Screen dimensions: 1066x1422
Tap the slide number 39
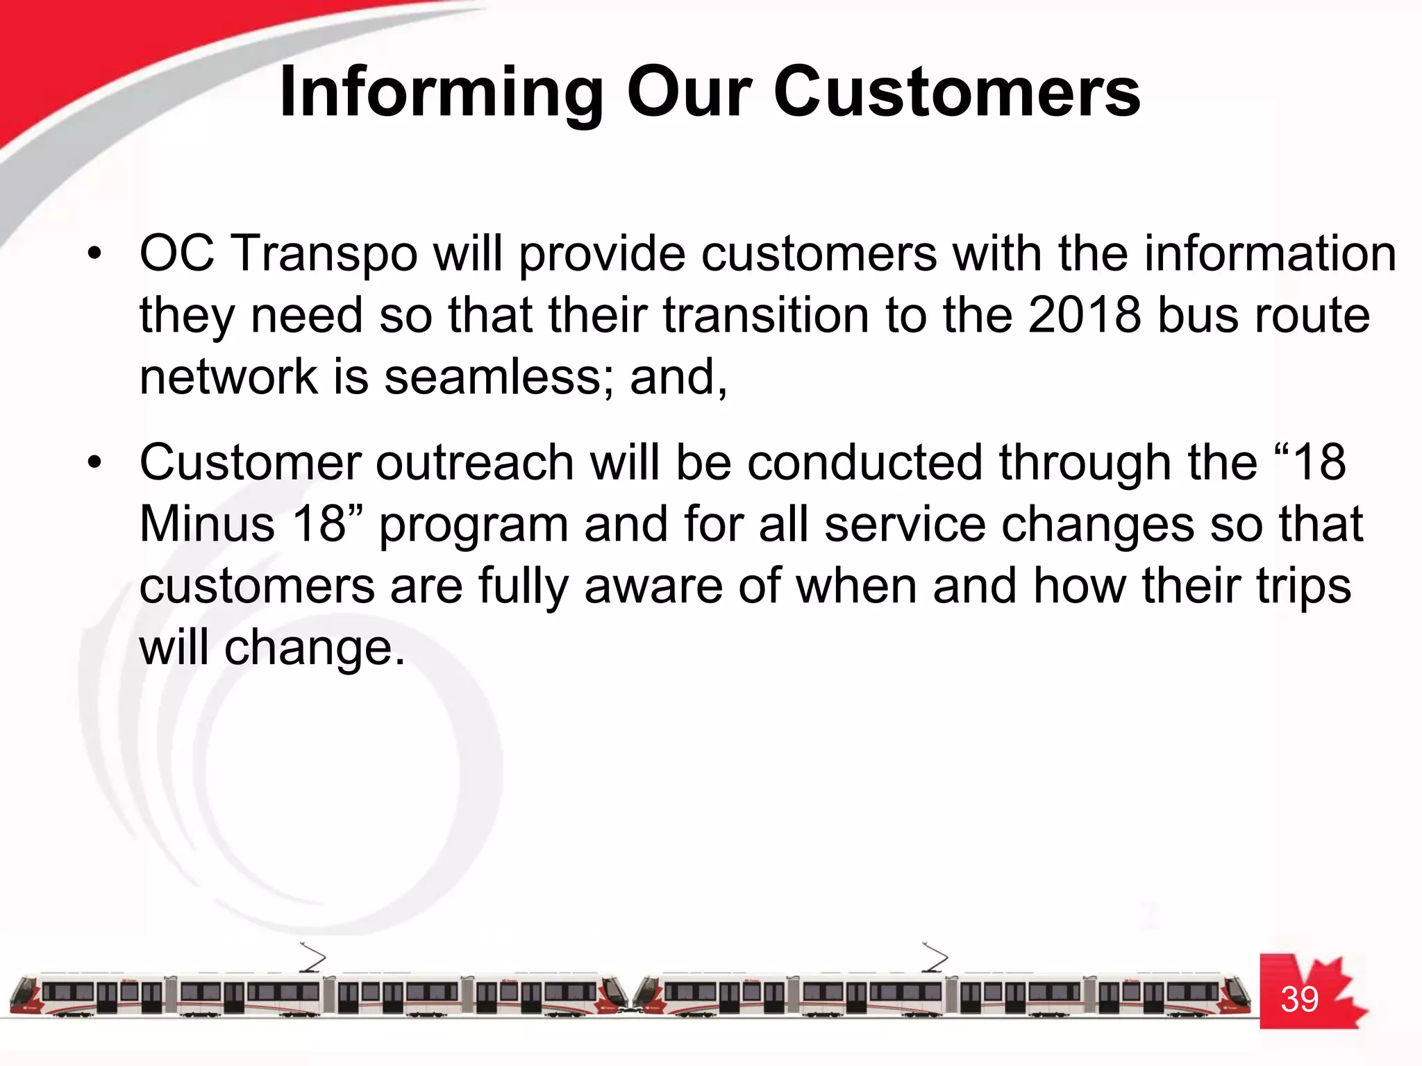1299,1000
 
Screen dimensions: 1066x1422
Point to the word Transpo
324,254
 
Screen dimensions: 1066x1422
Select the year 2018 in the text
1085,316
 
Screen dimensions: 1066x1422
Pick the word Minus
207,525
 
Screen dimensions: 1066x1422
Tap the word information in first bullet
1270,254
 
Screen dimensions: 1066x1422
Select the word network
228,377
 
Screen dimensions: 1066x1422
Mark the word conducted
864,463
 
